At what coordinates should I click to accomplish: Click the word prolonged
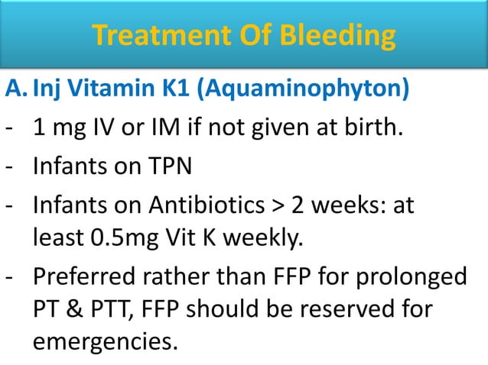point(421,276)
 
